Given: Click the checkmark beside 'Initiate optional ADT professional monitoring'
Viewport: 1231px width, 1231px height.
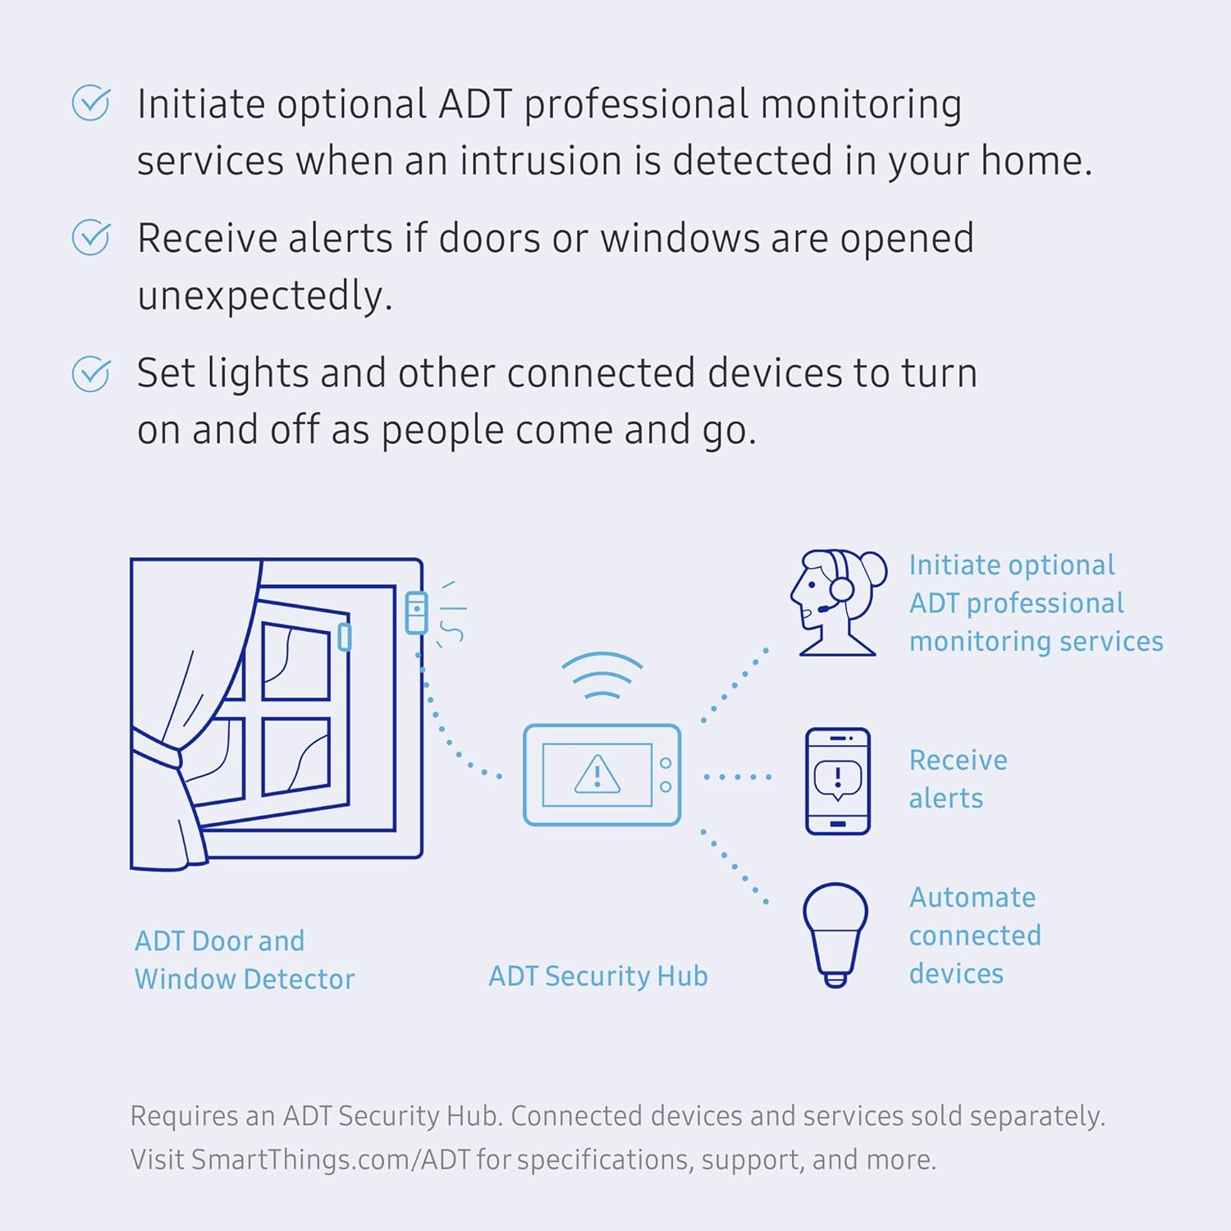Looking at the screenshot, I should (90, 103).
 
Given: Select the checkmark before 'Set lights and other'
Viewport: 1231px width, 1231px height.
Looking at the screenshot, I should (90, 373).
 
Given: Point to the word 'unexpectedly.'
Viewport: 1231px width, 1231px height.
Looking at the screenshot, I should (265, 295).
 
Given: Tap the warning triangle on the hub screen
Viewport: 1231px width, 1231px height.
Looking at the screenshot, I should (597, 774).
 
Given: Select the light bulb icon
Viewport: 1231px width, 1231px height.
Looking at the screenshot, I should (835, 934).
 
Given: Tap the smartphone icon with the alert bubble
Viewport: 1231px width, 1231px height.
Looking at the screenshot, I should (837, 780).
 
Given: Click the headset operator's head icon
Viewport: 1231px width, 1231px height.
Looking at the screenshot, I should (836, 602).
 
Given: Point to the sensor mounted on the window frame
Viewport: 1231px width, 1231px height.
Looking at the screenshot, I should (417, 613).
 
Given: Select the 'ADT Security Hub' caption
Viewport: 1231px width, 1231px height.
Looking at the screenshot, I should (598, 976).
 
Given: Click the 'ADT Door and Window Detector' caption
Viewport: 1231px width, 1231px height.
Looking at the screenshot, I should (244, 959).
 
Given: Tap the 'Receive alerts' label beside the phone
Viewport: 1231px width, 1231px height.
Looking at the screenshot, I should (958, 779).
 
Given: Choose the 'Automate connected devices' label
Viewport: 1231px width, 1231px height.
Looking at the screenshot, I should (974, 935).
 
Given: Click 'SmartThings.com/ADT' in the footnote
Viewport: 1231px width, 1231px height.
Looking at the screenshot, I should (331, 1160).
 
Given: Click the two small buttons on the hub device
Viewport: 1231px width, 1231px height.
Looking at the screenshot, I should (666, 775).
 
